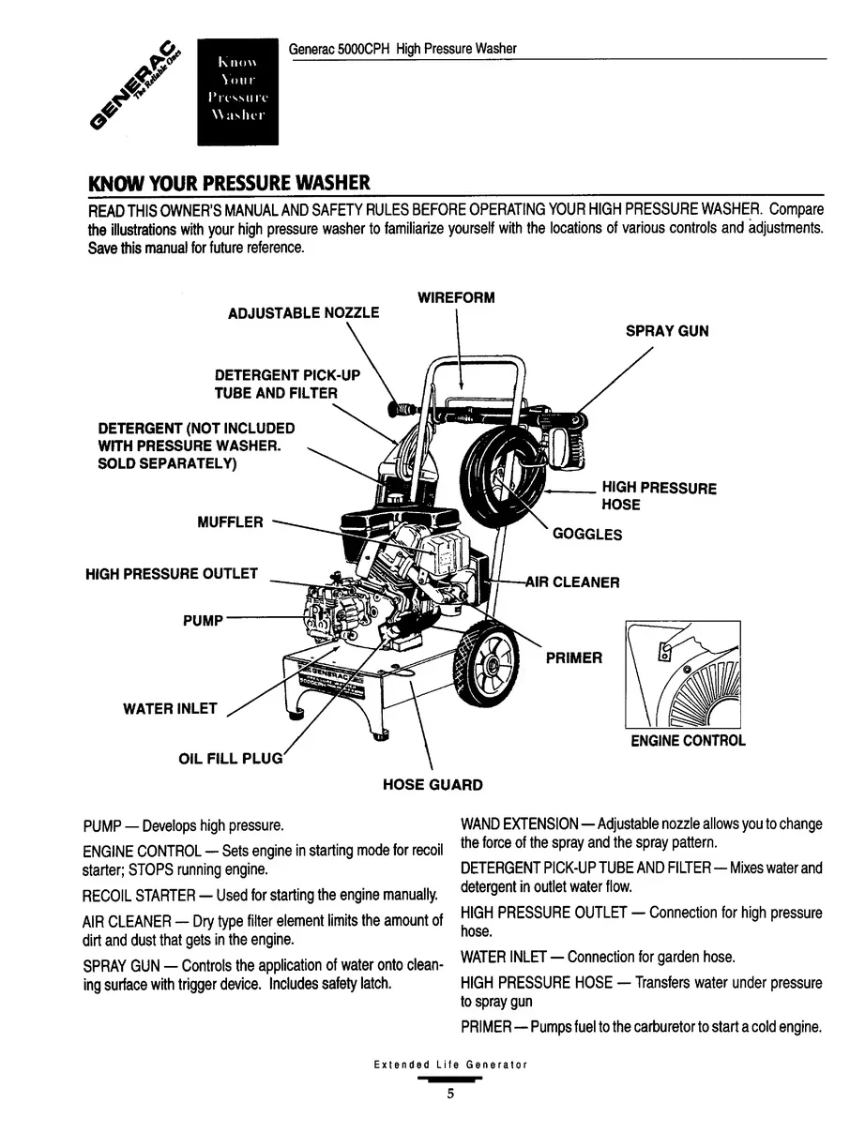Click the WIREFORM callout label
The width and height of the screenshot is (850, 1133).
(x=456, y=298)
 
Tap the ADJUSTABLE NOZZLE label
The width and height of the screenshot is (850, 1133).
(x=304, y=313)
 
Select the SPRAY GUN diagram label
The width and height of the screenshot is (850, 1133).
(x=667, y=331)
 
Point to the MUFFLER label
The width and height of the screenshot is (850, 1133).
(x=230, y=522)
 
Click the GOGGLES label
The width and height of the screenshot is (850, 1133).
(x=587, y=535)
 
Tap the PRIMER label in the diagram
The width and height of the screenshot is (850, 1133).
(x=574, y=657)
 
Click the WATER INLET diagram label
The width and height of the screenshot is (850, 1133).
(x=170, y=709)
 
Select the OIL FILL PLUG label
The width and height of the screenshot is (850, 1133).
(x=230, y=758)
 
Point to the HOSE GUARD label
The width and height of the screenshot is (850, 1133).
(x=433, y=785)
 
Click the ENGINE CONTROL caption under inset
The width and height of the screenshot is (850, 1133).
(x=688, y=741)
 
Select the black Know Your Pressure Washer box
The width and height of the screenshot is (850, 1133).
(x=238, y=92)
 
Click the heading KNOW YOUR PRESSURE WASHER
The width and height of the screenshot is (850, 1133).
(x=229, y=181)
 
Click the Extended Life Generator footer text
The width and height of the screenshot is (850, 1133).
(x=450, y=1065)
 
